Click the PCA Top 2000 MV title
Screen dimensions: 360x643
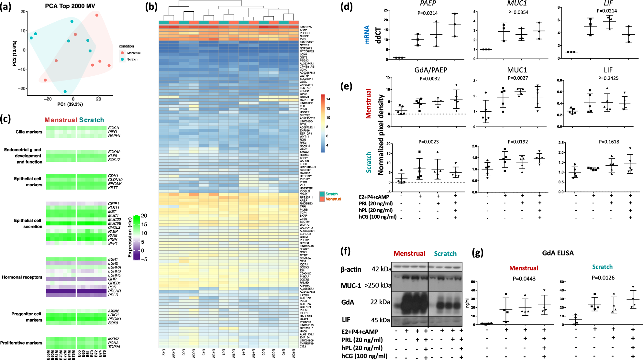[x=70, y=6]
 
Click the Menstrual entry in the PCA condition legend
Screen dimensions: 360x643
[x=134, y=53]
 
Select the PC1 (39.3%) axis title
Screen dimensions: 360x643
[x=70, y=104]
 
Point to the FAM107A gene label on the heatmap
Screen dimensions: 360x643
[x=305, y=27]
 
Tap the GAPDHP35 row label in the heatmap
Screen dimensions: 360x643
[x=307, y=100]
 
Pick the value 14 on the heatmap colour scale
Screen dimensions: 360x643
[x=328, y=99]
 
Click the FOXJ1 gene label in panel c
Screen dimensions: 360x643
[x=114, y=128]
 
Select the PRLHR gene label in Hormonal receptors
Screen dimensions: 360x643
[x=114, y=291]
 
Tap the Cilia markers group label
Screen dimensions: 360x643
[x=29, y=132]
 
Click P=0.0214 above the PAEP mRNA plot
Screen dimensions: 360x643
[x=427, y=13]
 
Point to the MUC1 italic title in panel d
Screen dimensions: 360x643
[x=517, y=4]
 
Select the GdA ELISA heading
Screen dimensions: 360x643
[x=558, y=253]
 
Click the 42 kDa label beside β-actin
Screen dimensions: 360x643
[x=381, y=269]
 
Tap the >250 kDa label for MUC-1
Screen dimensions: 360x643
[x=378, y=285]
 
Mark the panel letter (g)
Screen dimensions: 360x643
[x=478, y=252]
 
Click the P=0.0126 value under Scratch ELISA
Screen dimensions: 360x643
[x=603, y=278]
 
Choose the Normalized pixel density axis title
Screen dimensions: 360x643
[x=381, y=135]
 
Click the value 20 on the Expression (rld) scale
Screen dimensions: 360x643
[x=144, y=216]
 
